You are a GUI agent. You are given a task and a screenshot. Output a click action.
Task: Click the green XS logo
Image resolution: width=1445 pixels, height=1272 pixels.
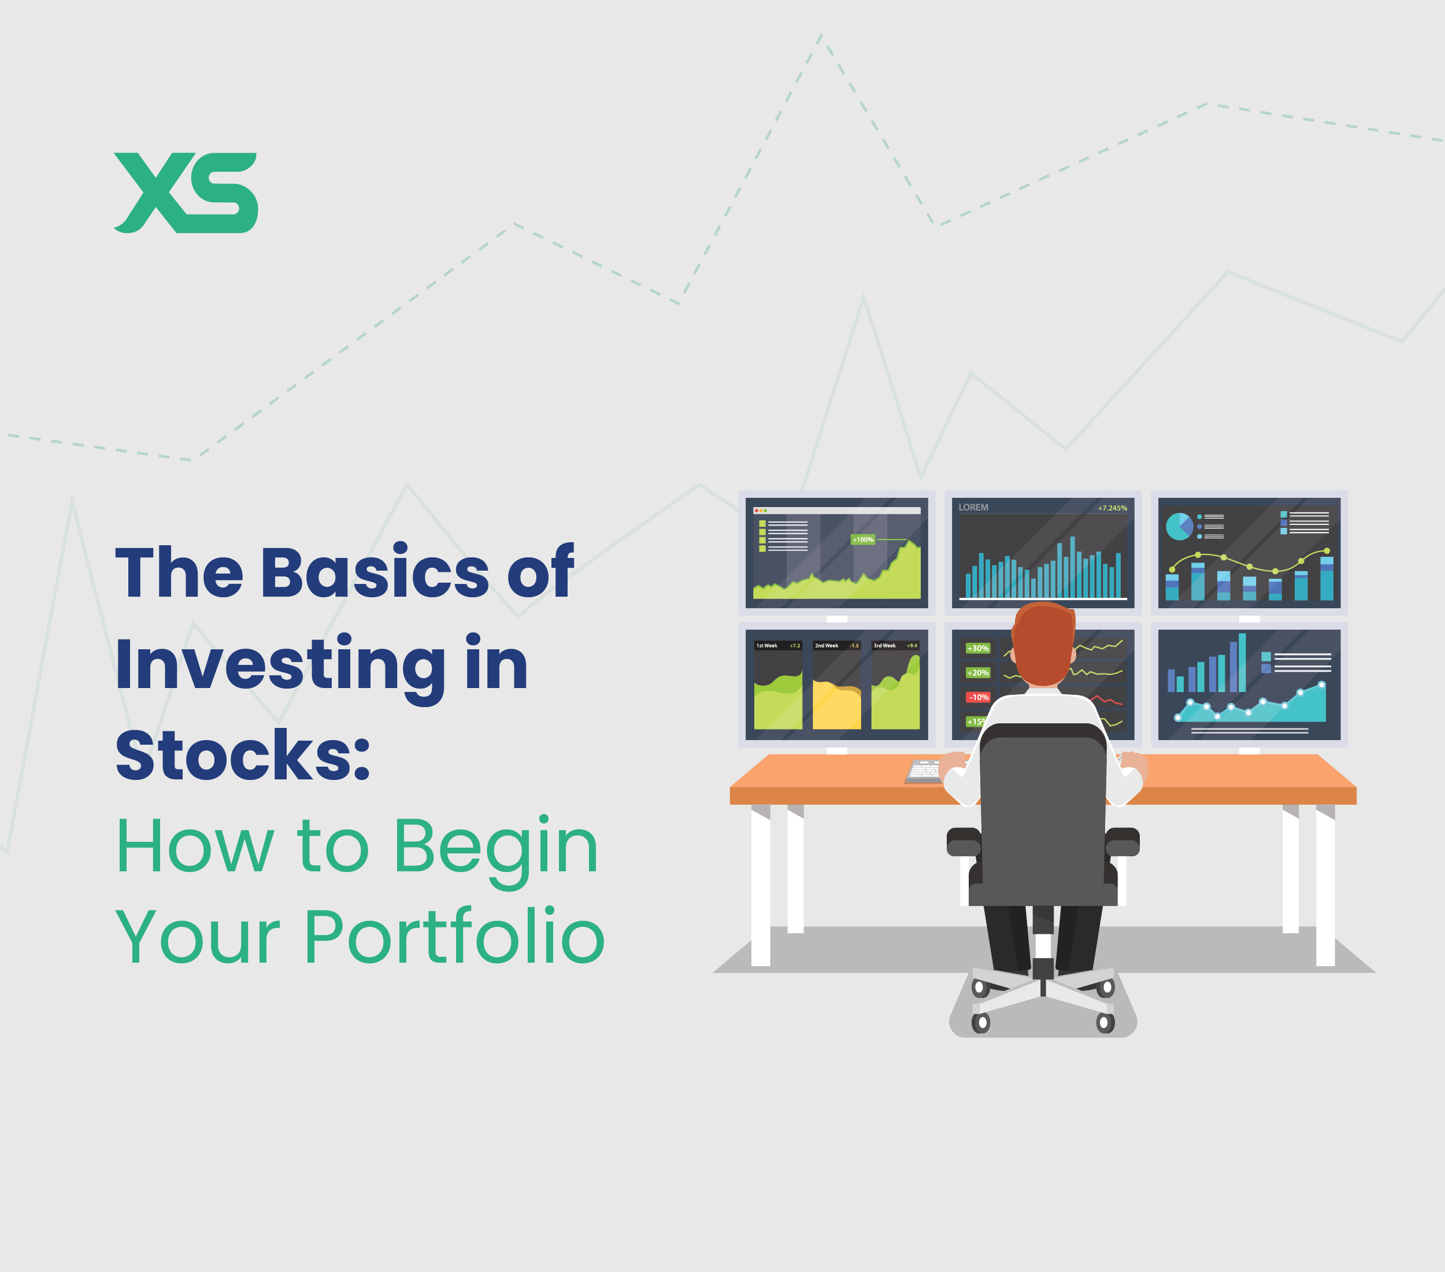coord(186,193)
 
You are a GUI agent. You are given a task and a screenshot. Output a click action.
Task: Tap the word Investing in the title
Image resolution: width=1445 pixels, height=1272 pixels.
coord(280,665)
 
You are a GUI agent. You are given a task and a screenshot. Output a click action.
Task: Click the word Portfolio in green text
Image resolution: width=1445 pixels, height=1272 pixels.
coord(454,937)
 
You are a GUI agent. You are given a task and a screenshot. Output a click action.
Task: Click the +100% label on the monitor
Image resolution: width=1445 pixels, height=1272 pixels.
coord(862,539)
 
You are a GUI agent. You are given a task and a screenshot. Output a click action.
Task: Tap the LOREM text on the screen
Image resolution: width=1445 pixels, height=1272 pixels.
coord(973,508)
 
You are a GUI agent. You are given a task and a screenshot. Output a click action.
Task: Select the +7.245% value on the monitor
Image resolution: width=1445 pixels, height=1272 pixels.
coord(1112,508)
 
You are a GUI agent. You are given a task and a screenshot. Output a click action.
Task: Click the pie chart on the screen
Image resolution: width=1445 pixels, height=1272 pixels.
coord(1179,526)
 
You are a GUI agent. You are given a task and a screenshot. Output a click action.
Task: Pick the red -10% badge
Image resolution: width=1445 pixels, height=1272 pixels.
coord(979,697)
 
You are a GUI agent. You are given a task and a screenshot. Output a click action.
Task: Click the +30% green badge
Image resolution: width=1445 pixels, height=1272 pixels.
coord(978,648)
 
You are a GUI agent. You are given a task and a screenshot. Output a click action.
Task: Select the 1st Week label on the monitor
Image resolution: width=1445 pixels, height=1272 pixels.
coord(766,646)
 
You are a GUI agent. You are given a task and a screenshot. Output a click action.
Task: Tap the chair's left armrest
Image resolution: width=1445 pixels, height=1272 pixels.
coord(964,842)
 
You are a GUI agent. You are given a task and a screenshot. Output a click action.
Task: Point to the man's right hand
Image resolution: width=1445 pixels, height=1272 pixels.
coord(1134,764)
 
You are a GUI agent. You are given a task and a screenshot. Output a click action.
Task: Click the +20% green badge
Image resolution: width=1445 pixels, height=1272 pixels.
coord(978,673)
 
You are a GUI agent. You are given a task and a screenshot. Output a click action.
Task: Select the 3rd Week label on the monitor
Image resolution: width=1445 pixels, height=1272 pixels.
coord(884,646)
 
